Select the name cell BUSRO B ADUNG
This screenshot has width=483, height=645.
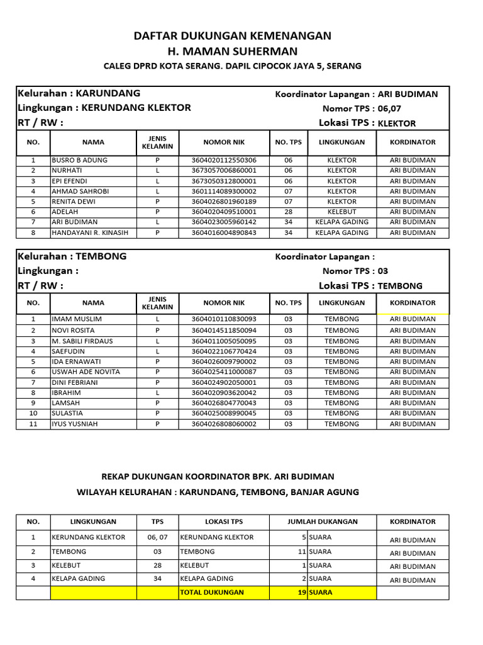[79, 160]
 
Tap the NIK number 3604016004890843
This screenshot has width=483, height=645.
[224, 232]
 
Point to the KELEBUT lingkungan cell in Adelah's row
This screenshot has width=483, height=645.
[341, 212]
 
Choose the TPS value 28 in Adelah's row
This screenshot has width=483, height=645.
[288, 212]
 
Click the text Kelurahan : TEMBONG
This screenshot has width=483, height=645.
[72, 256]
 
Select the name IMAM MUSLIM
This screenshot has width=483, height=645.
[76, 319]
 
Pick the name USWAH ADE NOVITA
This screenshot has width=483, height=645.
[86, 372]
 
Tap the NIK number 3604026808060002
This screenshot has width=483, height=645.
[224, 424]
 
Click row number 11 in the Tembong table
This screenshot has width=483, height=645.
[33, 424]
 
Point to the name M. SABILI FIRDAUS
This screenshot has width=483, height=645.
[82, 341]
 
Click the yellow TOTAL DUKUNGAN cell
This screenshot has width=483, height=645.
[212, 592]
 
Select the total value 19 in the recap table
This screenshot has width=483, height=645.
[302, 592]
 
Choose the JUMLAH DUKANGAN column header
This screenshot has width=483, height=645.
[323, 522]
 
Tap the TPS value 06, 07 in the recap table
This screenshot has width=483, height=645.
[158, 537]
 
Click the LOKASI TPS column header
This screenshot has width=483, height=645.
[224, 522]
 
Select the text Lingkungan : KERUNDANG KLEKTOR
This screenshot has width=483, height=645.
[104, 108]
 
